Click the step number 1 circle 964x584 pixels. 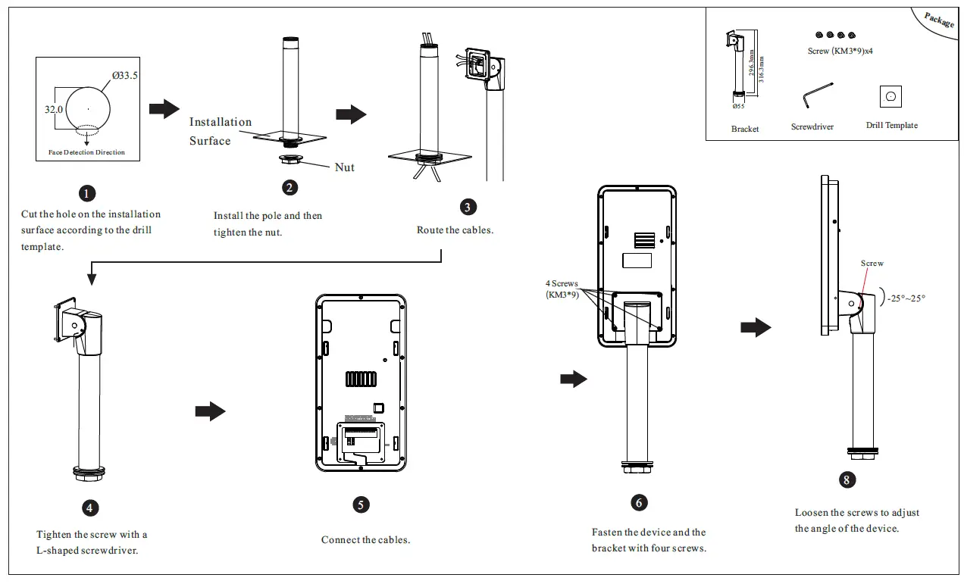pos(89,193)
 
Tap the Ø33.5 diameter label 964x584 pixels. pos(125,76)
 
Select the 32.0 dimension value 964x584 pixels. pos(53,109)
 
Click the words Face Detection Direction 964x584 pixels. pos(86,152)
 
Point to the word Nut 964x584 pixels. pos(345,167)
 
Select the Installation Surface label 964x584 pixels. pos(220,131)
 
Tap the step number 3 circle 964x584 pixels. pos(469,207)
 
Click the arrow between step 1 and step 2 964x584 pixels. pos(164,109)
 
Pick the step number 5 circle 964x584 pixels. pos(361,504)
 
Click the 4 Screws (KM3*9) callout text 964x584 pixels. pos(562,289)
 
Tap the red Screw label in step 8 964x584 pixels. pos(872,264)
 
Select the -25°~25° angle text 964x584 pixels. pos(906,298)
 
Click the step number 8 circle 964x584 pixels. pos(848,479)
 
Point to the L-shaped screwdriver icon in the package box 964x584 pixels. pos(816,96)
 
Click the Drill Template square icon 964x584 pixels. pos(890,96)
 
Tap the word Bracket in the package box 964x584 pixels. pos(745,129)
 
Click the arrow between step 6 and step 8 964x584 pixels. pos(756,327)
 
